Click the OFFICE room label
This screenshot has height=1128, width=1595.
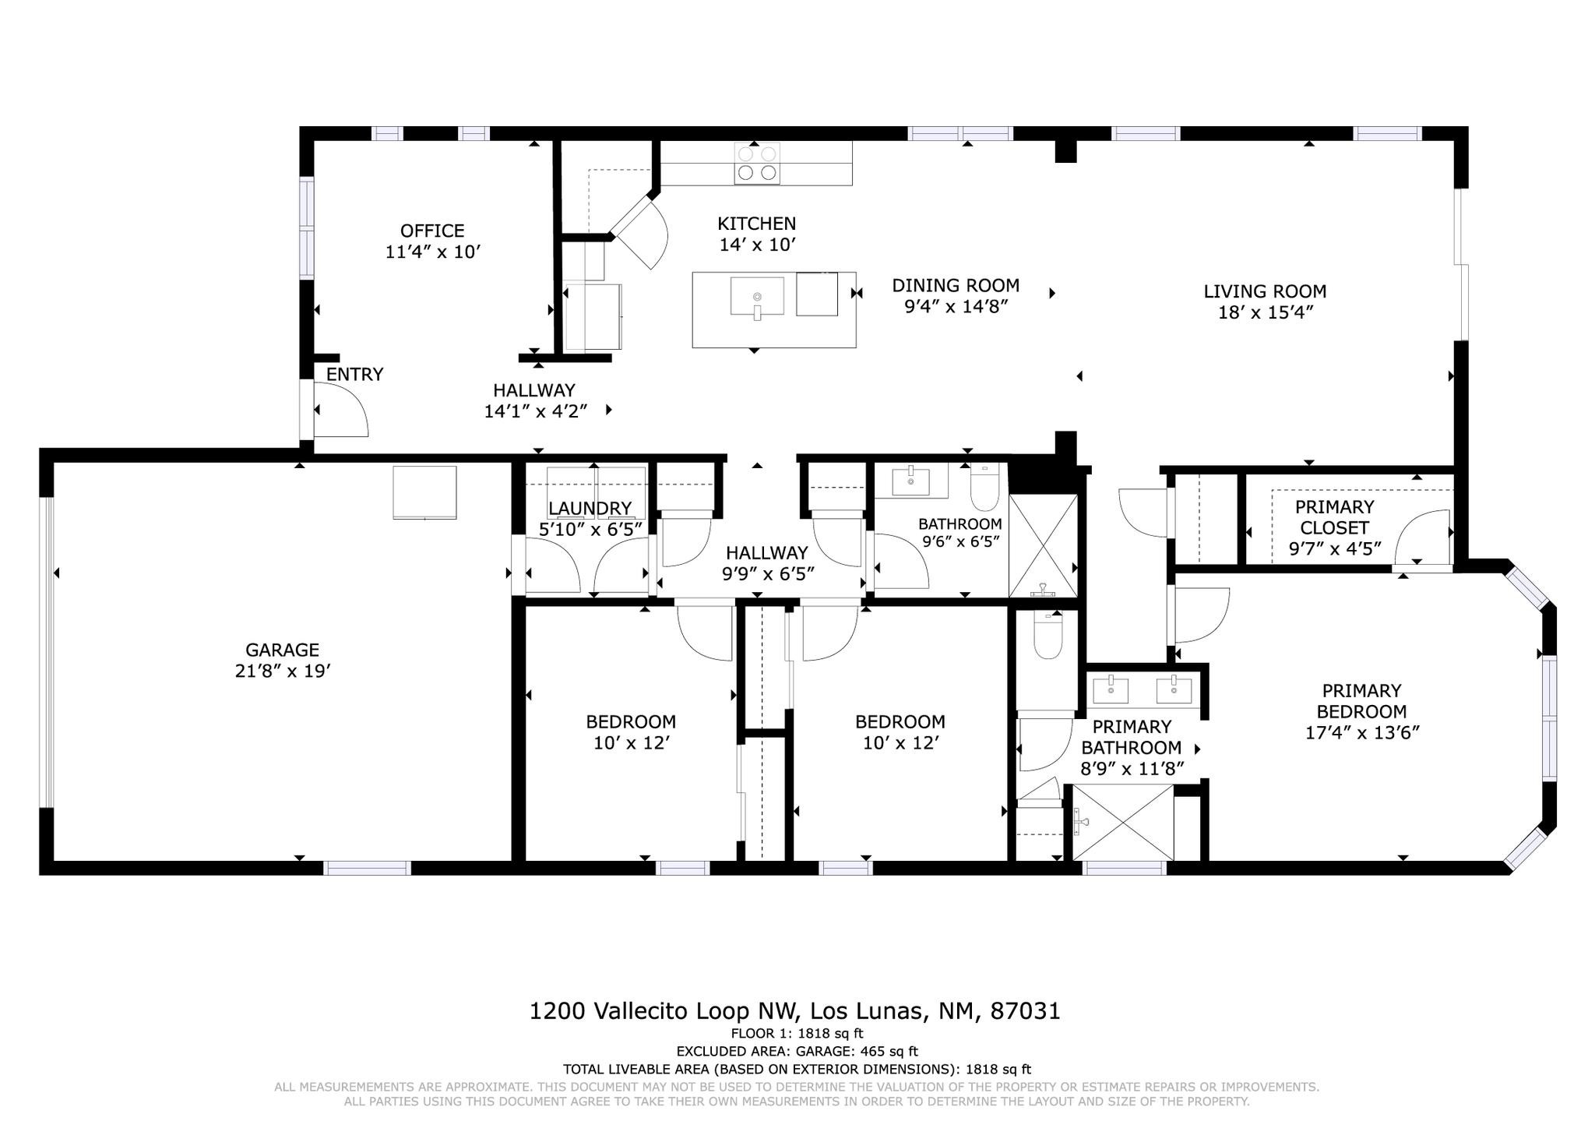click(x=432, y=231)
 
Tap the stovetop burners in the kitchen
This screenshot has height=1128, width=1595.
click(x=757, y=163)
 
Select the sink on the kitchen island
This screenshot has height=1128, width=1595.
click(x=757, y=297)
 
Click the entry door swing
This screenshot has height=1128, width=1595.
click(x=341, y=410)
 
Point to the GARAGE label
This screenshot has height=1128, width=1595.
click(x=283, y=650)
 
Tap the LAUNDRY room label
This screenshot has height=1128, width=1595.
click(x=590, y=509)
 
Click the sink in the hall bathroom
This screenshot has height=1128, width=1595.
click(x=911, y=480)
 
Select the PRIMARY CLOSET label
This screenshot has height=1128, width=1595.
click(x=1335, y=516)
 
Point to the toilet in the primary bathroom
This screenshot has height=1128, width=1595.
click(x=1047, y=636)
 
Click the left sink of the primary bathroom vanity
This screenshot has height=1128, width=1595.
click(x=1110, y=689)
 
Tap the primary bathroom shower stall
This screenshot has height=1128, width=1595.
click(x=1123, y=823)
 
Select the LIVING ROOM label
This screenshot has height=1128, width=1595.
click(x=1265, y=291)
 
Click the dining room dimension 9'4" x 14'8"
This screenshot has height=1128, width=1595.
click(x=956, y=306)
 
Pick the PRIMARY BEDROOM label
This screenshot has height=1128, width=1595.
click(x=1361, y=701)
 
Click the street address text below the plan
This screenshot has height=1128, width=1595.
click(x=794, y=1011)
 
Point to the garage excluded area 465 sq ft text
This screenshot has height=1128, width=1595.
click(x=797, y=1051)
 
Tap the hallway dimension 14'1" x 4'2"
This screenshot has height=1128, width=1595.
click(x=535, y=411)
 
